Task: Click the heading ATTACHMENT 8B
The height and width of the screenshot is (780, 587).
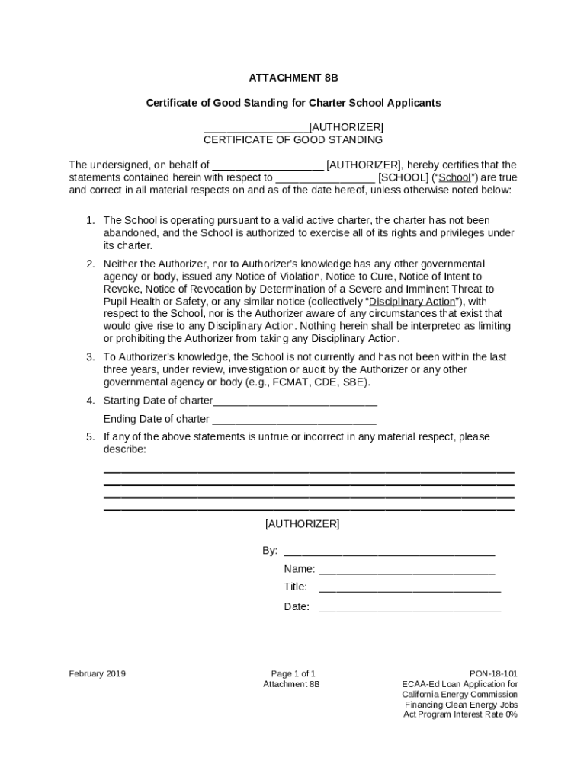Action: [293, 78]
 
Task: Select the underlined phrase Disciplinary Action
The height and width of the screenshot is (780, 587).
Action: [412, 301]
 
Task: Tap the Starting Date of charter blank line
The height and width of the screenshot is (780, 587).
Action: [295, 401]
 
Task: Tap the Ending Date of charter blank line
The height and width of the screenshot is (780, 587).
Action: [294, 420]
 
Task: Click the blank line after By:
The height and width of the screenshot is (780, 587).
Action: [389, 551]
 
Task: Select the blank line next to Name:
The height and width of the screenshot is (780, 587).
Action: [406, 570]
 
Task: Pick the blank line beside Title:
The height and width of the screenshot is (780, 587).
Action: [409, 587]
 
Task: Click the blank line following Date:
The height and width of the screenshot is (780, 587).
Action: [409, 608]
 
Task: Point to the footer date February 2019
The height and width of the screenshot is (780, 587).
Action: [97, 673]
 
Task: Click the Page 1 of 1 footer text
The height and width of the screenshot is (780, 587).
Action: [293, 673]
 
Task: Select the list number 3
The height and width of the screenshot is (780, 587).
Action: [90, 356]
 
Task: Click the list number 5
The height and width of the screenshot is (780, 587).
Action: [90, 436]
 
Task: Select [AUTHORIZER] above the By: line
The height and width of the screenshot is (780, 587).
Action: [302, 524]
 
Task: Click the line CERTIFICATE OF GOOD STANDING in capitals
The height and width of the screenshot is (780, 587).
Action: [293, 140]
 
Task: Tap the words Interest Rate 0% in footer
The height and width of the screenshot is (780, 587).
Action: [485, 714]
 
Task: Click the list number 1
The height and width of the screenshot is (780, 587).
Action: [90, 220]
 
